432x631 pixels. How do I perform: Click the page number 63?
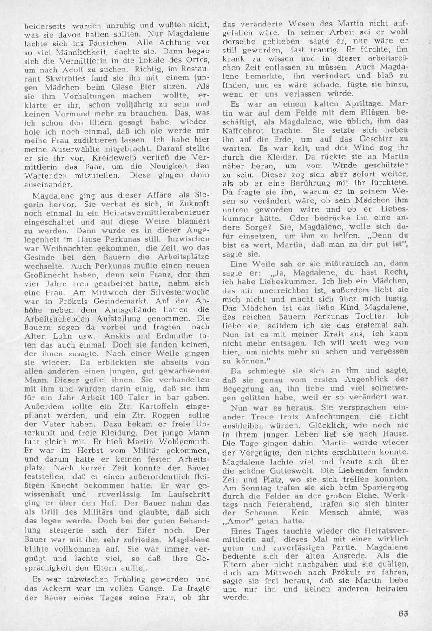click(x=403, y=613)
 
